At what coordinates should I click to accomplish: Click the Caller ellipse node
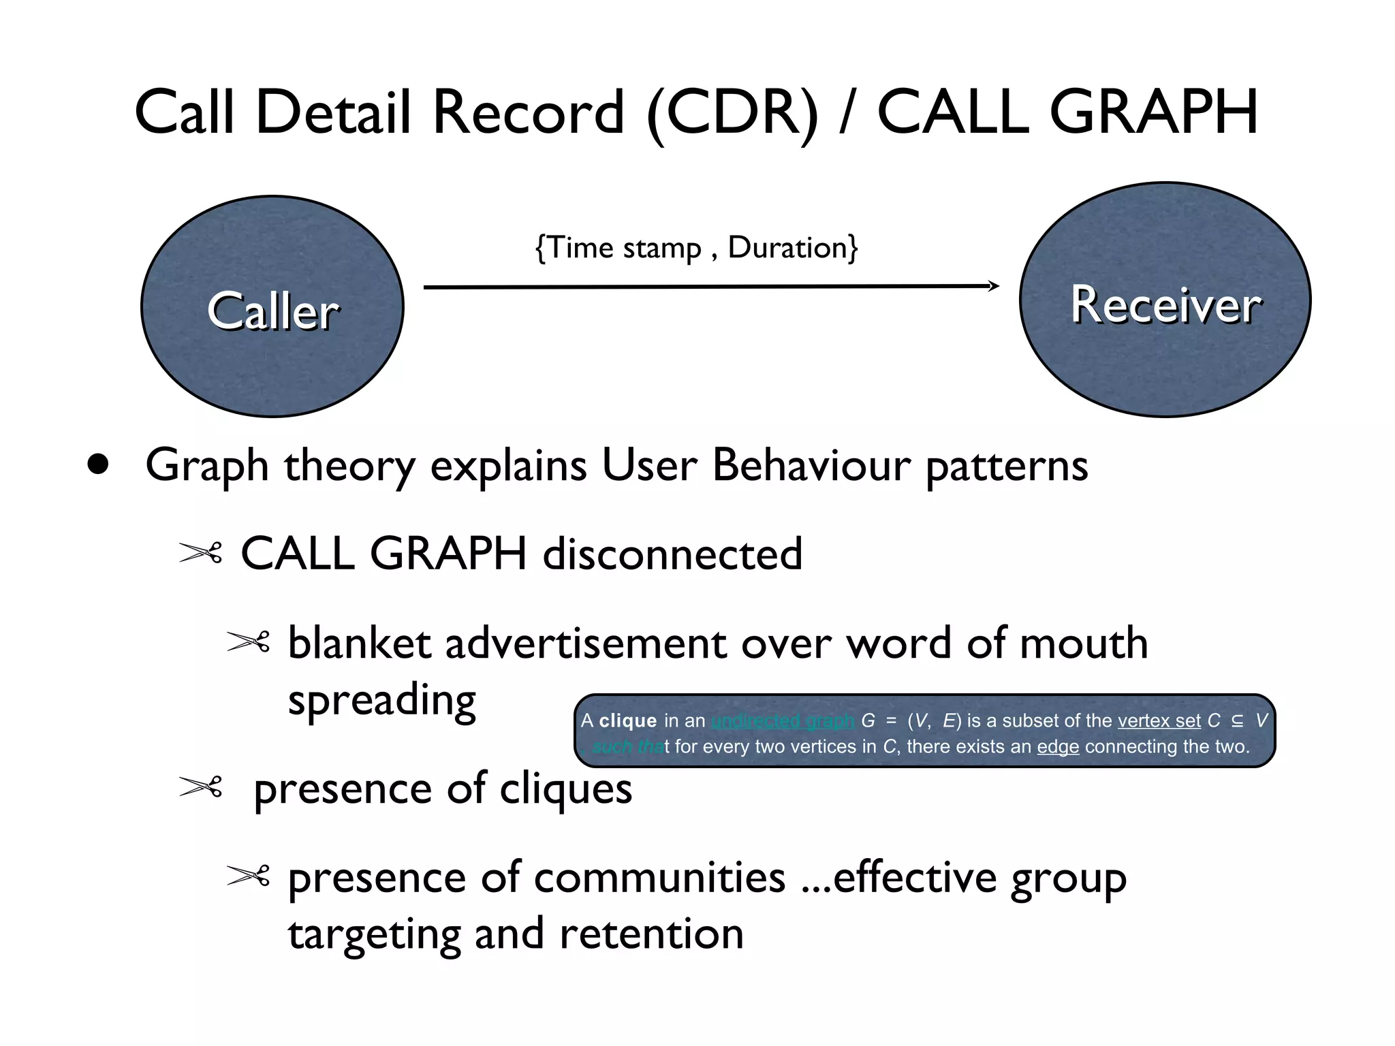tap(272, 306)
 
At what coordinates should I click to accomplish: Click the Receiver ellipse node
tap(1165, 300)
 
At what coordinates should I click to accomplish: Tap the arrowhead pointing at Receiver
tap(994, 286)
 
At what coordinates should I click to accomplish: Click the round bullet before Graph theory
tap(98, 465)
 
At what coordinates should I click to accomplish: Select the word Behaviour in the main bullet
tap(811, 466)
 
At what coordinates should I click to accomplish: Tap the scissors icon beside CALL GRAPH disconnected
tap(200, 552)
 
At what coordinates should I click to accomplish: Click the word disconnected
tap(672, 554)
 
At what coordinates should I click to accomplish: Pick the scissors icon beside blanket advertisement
tap(248, 641)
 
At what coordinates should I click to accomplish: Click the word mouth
tap(1083, 644)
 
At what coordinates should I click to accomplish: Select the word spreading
tap(381, 701)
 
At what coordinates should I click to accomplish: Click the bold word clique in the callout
tap(627, 720)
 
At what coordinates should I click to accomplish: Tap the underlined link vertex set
tap(1159, 720)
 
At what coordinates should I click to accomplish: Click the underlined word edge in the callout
tap(1057, 747)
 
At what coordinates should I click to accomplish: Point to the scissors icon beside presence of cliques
tap(200, 788)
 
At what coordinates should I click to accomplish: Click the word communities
tap(659, 878)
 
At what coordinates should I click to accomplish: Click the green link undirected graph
tap(782, 720)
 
